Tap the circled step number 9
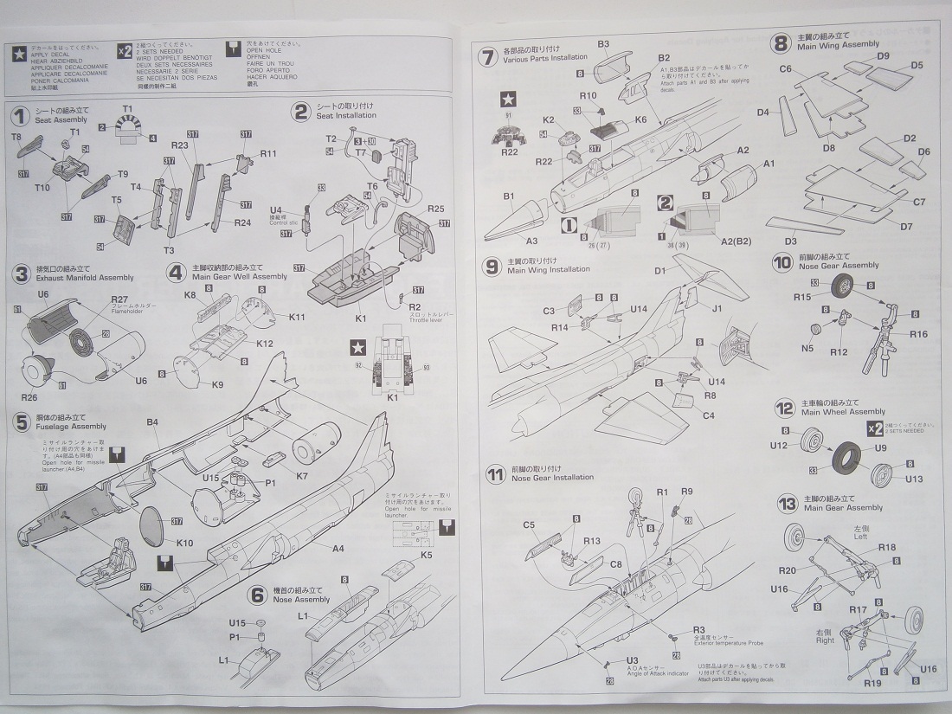(492, 266)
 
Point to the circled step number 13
(786, 504)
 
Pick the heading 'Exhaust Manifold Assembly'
(85, 278)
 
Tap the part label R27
(119, 299)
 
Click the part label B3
(603, 43)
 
